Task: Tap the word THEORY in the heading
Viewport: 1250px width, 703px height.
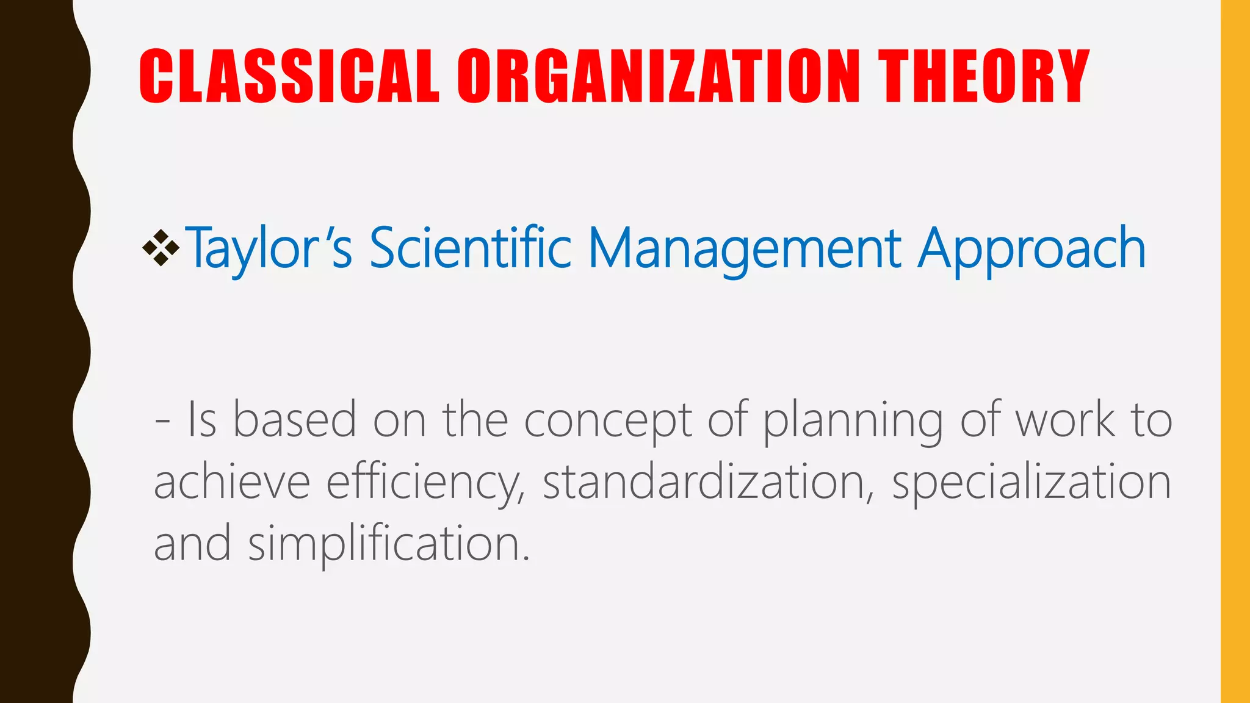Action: (983, 76)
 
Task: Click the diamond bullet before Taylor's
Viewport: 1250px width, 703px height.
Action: (161, 248)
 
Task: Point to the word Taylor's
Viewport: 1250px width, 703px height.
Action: (269, 248)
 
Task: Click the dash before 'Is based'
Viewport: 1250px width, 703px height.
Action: (162, 421)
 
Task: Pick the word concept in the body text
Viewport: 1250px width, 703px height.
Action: (608, 421)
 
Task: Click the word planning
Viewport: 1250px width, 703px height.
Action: (854, 421)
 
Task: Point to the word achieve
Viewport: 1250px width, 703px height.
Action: (232, 482)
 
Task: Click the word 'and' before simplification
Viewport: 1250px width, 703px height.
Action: (192, 543)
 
